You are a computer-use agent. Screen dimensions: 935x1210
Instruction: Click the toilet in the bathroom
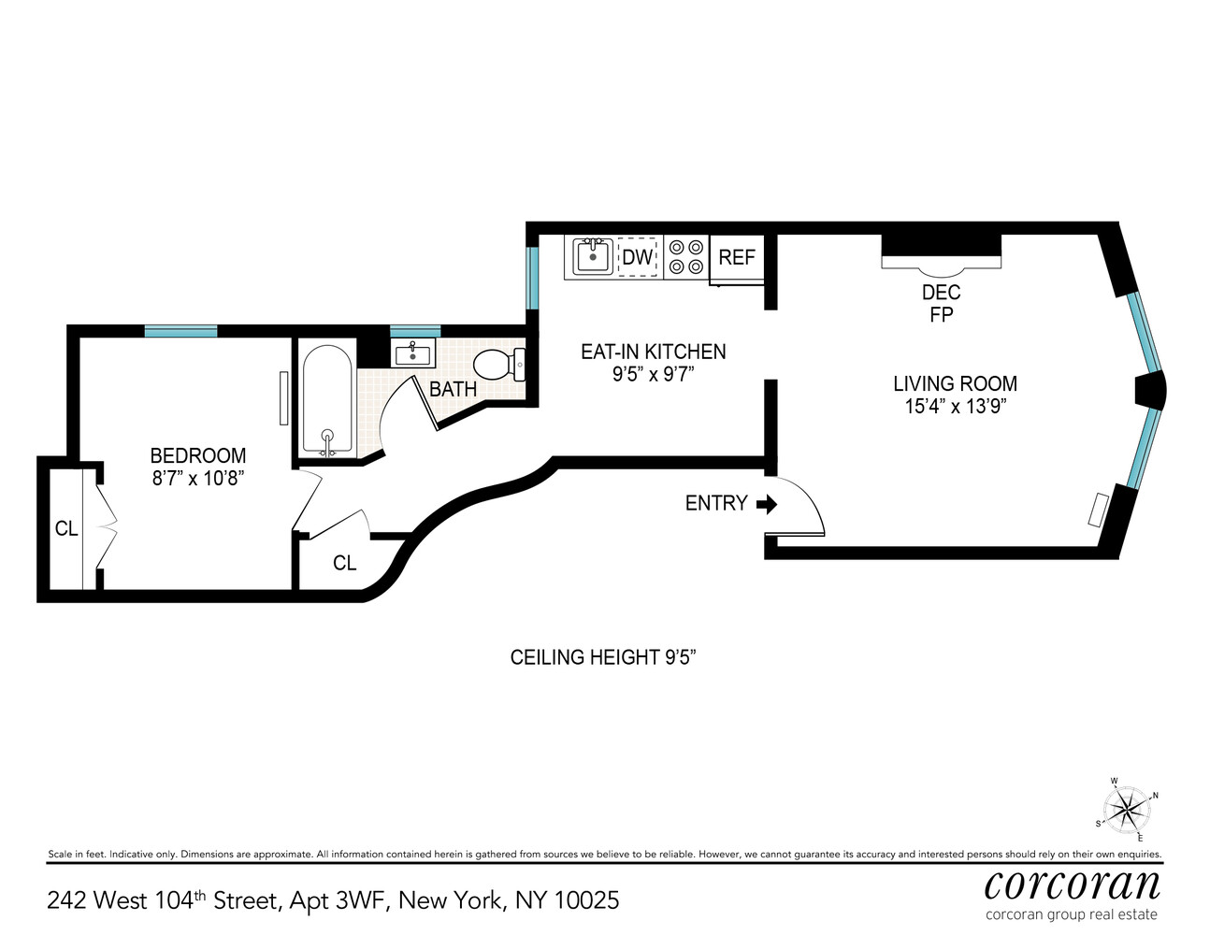pos(498,364)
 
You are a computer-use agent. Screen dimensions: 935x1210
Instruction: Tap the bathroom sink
pos(412,354)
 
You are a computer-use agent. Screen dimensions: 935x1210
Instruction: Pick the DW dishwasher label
pos(638,257)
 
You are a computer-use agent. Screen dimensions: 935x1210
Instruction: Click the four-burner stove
pos(686,257)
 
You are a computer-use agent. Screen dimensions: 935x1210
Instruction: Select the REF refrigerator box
pos(737,257)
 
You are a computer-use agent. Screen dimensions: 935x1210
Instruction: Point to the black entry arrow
pos(767,505)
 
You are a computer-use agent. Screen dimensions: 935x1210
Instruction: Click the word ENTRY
pos(716,504)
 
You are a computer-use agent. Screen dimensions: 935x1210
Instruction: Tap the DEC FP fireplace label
pos(941,304)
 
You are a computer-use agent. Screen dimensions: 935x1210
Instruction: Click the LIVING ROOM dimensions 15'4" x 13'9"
pos(954,407)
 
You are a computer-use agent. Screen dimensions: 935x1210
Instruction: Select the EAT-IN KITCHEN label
pos(653,352)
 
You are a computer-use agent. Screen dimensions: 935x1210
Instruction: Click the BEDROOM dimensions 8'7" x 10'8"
pos(198,479)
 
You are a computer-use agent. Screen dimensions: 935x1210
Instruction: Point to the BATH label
pos(454,389)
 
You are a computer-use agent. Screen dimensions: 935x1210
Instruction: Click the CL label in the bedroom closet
pos(66,529)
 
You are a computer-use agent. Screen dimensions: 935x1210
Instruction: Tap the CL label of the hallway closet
pos(345,563)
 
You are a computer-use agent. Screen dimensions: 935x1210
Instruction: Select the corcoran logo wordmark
pos(1072,884)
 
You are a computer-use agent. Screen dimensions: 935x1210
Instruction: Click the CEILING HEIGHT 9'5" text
pos(603,657)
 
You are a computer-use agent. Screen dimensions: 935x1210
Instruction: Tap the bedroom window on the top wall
pos(180,331)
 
